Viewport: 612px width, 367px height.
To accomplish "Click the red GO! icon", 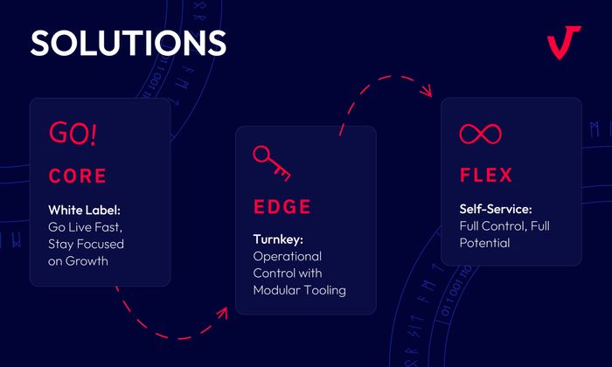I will coord(73,134).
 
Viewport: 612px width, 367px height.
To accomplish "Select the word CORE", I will coord(77,176).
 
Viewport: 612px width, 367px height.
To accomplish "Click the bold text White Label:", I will coord(86,211).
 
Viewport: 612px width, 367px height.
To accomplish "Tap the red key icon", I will coord(271,163).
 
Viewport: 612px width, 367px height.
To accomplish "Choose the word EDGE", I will coord(282,207).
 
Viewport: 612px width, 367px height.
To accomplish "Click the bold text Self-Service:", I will coord(495,210).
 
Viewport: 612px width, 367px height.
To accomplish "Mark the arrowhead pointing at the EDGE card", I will coord(222,311).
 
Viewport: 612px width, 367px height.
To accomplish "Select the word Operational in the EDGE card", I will coord(288,256).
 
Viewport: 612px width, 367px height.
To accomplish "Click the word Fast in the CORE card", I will coord(110,226).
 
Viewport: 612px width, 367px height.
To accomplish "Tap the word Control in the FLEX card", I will coord(504,226).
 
